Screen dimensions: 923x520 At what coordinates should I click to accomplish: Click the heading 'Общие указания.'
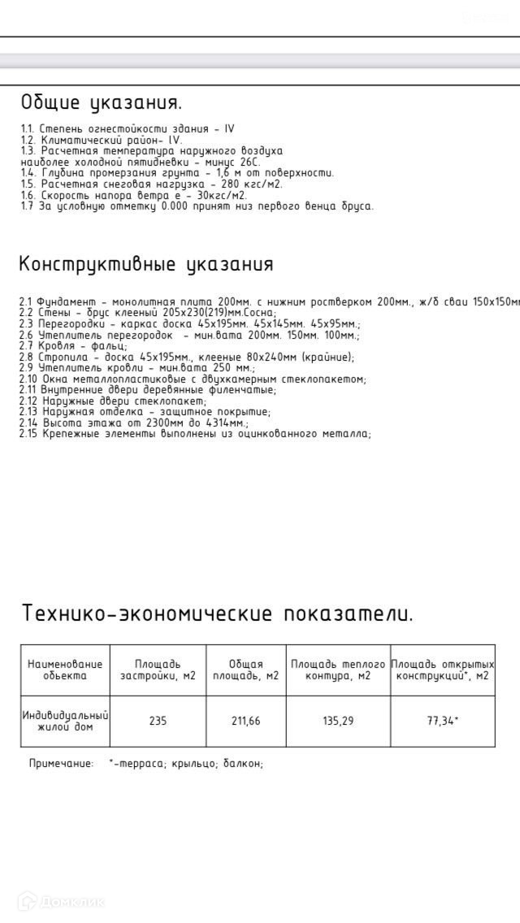coord(102,103)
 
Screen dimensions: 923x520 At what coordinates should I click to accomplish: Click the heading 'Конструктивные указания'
coord(146,265)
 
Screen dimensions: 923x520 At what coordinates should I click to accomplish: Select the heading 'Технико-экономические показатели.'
coord(217,613)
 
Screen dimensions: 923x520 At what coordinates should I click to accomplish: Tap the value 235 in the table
coord(158,721)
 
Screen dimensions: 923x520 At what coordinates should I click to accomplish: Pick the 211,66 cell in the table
coord(245,721)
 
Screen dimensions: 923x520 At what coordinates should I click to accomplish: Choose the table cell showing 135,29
coord(338,721)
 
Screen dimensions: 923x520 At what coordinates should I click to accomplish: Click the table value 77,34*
coord(443,721)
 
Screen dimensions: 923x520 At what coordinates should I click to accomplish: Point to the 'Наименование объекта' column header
coord(65,669)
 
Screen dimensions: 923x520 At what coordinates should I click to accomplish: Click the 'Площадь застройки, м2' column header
coord(158,669)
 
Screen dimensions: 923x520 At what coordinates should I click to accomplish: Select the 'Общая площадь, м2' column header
coord(245,669)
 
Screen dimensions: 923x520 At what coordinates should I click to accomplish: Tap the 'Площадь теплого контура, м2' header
coord(338,669)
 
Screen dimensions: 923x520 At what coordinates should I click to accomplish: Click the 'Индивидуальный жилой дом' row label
coord(65,721)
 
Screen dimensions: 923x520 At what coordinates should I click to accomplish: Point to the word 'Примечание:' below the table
coord(62,764)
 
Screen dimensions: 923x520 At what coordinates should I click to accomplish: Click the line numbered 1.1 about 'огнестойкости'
coord(128,129)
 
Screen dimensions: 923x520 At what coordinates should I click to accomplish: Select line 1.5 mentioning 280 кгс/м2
coord(151,184)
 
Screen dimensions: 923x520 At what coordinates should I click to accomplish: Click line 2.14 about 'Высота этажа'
coord(134,423)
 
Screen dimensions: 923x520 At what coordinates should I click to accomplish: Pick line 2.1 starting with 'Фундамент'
coord(268,302)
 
